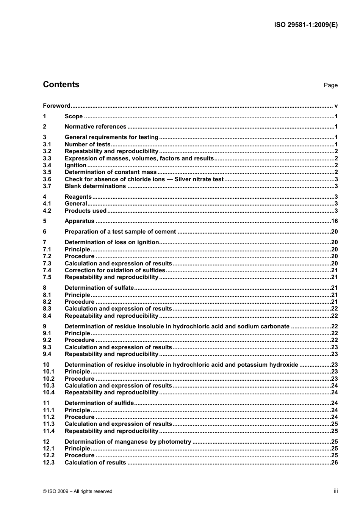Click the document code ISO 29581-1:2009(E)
click(305, 25)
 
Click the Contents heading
click(61, 85)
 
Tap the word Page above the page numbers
click(330, 85)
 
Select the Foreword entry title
click(56, 106)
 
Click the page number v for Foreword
click(336, 106)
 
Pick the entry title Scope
click(74, 116)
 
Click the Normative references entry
click(95, 127)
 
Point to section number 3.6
click(47, 179)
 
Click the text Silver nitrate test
click(199, 179)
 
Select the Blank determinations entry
click(95, 186)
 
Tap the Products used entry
click(86, 211)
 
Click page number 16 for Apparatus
click(334, 221)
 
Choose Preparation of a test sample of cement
click(120, 232)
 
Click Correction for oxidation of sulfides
click(115, 270)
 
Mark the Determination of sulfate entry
click(99, 288)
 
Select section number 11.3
click(49, 424)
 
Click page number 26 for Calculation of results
click(334, 463)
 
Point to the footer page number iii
click(336, 491)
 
